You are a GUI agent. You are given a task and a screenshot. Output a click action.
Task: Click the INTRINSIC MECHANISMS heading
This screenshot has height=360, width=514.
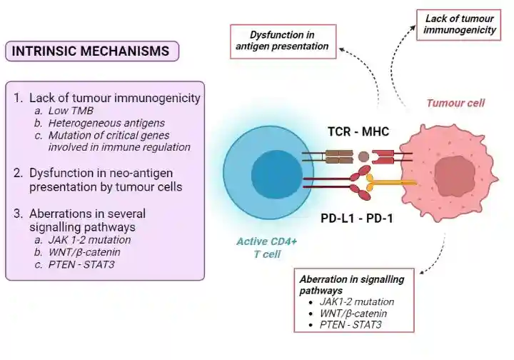91,51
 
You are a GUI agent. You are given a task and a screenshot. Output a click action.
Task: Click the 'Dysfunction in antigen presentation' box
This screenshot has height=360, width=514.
282,41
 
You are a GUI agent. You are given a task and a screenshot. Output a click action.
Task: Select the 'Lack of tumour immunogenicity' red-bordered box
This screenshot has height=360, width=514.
460,25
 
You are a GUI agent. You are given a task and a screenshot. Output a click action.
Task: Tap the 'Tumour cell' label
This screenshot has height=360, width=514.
455,103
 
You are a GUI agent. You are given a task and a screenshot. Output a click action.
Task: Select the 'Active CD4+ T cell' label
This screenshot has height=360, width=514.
267,248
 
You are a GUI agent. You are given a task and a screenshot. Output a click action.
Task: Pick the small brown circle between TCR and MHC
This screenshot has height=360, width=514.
363,156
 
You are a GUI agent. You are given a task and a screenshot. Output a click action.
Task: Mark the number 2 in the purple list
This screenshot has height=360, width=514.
19,173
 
